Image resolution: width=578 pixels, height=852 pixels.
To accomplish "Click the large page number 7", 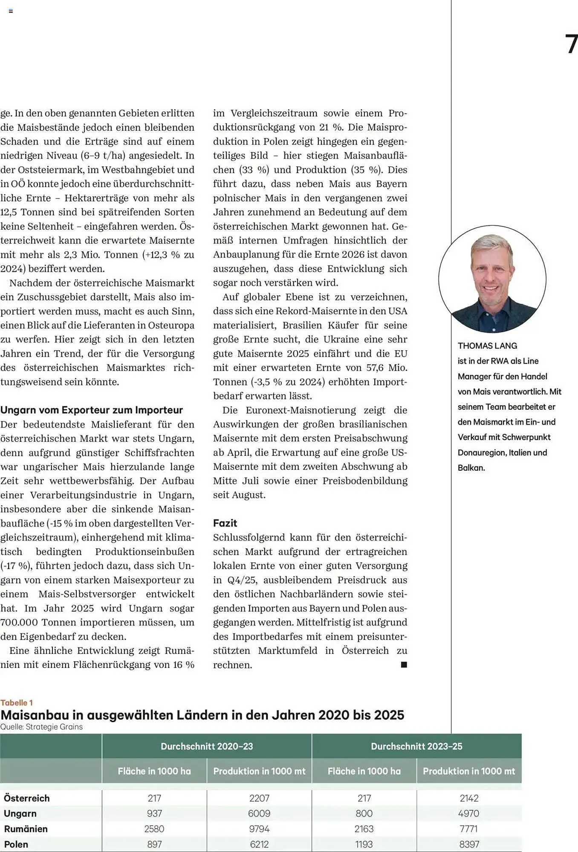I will [x=571, y=44].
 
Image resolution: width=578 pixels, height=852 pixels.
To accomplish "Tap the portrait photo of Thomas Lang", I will [x=492, y=279].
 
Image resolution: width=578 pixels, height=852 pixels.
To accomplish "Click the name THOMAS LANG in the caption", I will [x=487, y=346].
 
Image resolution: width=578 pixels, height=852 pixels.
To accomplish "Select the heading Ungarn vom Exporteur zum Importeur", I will [x=92, y=410].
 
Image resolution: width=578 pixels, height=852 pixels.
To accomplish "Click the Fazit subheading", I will [x=225, y=523].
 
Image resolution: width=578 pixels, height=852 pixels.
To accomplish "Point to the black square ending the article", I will [x=404, y=665].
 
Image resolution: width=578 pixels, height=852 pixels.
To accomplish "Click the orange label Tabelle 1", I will [x=17, y=702].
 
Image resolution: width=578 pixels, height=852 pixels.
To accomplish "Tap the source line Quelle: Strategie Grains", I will [x=41, y=727].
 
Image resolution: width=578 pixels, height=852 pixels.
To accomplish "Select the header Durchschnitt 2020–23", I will [x=207, y=746].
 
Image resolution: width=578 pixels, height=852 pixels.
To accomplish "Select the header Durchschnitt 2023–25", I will [x=416, y=746].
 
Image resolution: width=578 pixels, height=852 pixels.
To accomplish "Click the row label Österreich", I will [x=27, y=798].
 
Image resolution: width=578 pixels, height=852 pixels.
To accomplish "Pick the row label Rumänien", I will [x=26, y=829].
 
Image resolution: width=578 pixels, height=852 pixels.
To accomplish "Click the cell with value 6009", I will [x=259, y=813].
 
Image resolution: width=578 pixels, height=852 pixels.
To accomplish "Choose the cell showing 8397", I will [x=469, y=844].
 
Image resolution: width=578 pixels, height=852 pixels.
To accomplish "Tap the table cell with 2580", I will [x=154, y=829].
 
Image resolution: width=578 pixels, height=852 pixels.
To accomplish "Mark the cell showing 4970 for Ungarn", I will [x=469, y=813].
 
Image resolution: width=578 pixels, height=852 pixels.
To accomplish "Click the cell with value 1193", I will [x=364, y=844].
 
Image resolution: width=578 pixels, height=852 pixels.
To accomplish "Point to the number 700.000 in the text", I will [x=19, y=622].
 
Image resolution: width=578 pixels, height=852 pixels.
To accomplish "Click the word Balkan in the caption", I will [x=471, y=468].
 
